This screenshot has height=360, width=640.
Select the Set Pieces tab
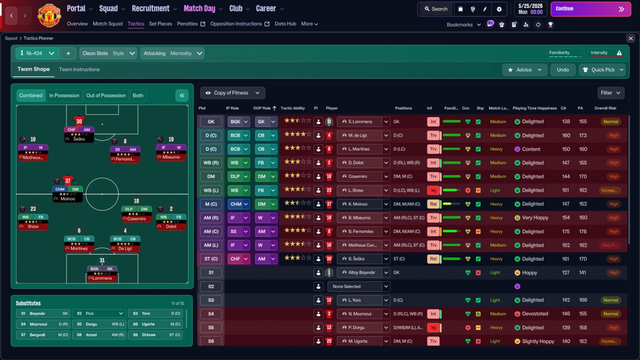pyautogui.click(x=160, y=24)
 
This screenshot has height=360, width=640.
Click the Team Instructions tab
pyautogui.click(x=79, y=69)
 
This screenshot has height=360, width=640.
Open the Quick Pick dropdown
pyautogui.click(x=602, y=70)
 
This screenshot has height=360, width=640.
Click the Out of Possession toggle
pyautogui.click(x=106, y=95)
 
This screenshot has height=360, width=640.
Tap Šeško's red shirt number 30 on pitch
pyautogui.click(x=79, y=121)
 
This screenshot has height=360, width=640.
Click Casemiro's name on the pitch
pyautogui.click(x=136, y=219)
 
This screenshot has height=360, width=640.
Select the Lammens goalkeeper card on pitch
pyautogui.click(x=102, y=274)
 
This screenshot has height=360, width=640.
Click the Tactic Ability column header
pyautogui.click(x=292, y=108)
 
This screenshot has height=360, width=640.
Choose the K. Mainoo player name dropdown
pyautogui.click(x=363, y=204)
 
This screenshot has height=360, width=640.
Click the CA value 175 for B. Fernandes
pyautogui.click(x=566, y=231)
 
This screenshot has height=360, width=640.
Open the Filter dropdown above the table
pyautogui.click(x=610, y=92)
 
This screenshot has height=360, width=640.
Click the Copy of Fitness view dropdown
pyautogui.click(x=232, y=93)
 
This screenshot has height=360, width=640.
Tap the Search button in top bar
pyautogui.click(x=435, y=9)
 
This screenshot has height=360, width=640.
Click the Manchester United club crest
pyautogui.click(x=49, y=15)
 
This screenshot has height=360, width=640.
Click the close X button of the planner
pyautogui.click(x=630, y=38)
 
